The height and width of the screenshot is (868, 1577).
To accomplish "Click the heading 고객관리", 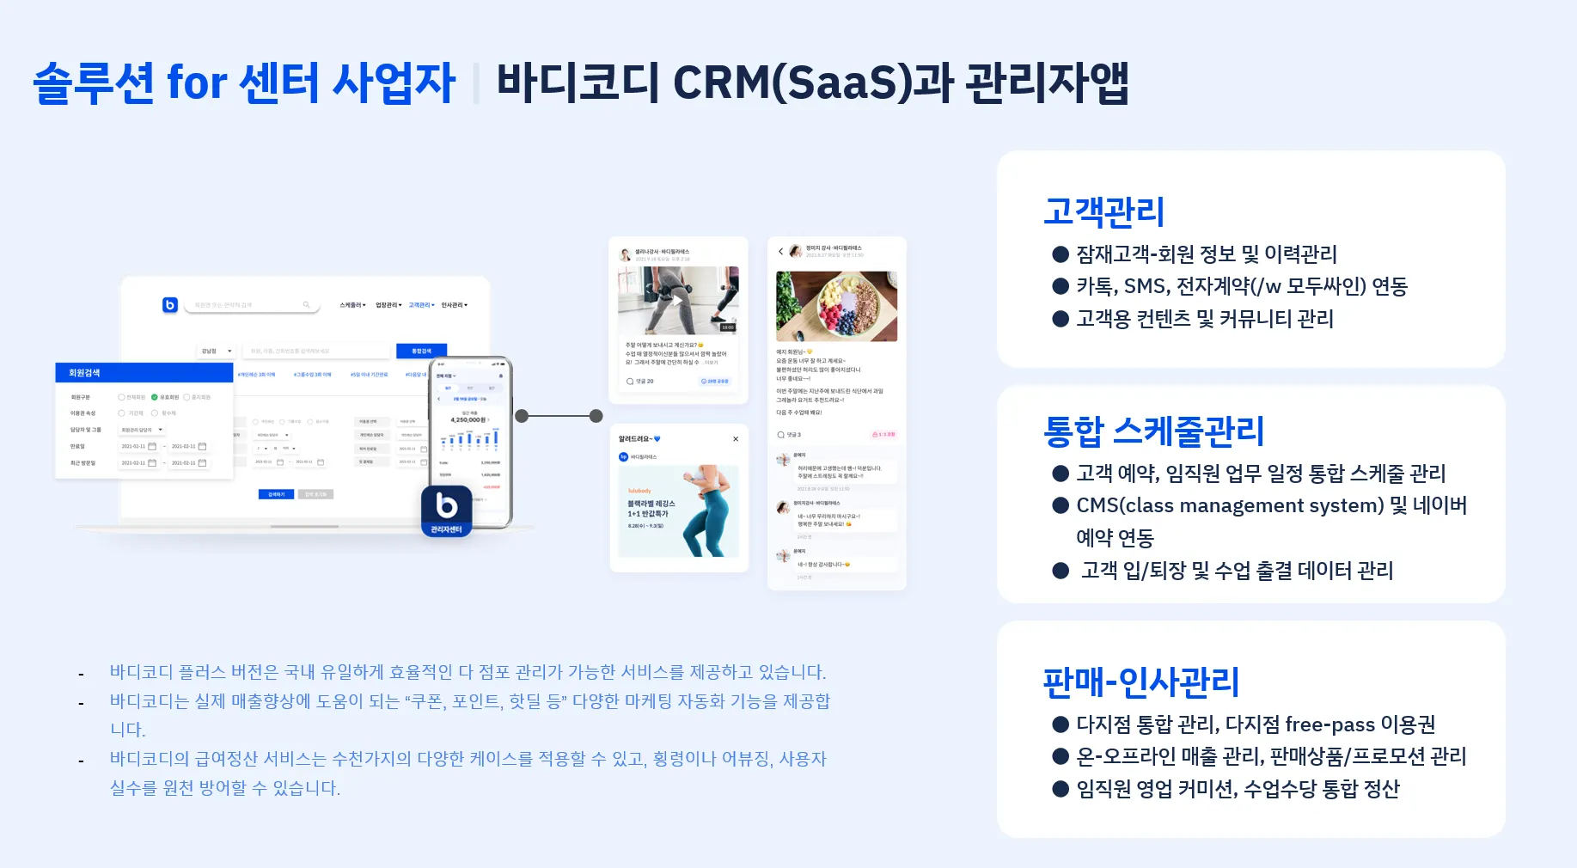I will click(1103, 211).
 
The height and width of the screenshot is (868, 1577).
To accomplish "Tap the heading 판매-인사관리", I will click(1140, 682).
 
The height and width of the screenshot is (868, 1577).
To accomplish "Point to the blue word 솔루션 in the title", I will click(94, 83).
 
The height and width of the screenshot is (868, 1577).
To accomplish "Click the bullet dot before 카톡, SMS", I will click(1061, 286).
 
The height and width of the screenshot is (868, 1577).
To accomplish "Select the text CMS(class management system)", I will click(1230, 505).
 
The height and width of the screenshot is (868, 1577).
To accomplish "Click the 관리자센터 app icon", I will click(446, 510).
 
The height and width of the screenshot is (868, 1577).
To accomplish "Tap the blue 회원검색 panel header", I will click(144, 373).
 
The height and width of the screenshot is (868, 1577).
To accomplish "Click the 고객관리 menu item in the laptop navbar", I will click(421, 305).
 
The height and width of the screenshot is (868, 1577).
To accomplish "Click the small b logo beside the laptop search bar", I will click(170, 304).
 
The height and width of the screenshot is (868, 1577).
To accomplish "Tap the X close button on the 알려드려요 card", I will click(736, 439).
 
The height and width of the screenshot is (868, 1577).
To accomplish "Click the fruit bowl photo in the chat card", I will click(836, 306).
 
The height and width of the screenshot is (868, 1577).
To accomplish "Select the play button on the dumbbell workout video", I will click(677, 300).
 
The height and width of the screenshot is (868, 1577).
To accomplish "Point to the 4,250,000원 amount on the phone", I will click(469, 420).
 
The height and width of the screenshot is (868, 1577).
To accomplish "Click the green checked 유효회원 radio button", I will click(155, 397).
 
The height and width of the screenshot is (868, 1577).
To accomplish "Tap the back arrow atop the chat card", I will click(780, 251).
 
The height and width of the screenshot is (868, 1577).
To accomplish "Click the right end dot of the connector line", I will click(596, 416).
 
